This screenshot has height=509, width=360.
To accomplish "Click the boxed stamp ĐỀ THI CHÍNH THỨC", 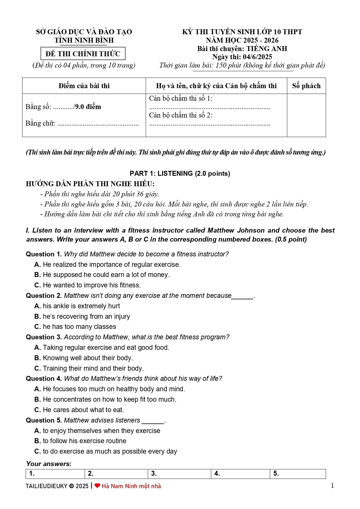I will point(83,54).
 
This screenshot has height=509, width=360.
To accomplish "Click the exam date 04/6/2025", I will point(257,57).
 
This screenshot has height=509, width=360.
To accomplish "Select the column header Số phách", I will point(306,86).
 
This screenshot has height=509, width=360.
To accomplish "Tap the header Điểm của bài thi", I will point(84,86).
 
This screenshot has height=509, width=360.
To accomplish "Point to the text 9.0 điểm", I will point(88,107).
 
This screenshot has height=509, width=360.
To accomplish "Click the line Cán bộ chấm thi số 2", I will point(181,115).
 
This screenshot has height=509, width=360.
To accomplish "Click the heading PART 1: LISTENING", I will point(180,173).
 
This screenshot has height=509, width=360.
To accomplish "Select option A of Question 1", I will point(108,265).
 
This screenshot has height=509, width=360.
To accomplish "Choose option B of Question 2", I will point(82,316).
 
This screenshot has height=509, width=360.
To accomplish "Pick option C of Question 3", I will point(89,368).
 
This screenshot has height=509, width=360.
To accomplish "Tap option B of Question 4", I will point(105,399).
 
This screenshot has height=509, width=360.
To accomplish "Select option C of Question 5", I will point(106,451).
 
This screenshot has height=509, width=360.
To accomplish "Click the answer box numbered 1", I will point(55,474).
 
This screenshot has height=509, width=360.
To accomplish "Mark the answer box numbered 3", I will point(179,474).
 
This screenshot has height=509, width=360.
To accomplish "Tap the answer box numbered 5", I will point(298,474).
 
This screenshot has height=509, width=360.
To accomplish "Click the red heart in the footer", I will point(97,486).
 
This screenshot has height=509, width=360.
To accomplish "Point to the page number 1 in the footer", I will point(332,486).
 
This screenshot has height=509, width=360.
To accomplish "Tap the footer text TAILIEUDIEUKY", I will point(46,486).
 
